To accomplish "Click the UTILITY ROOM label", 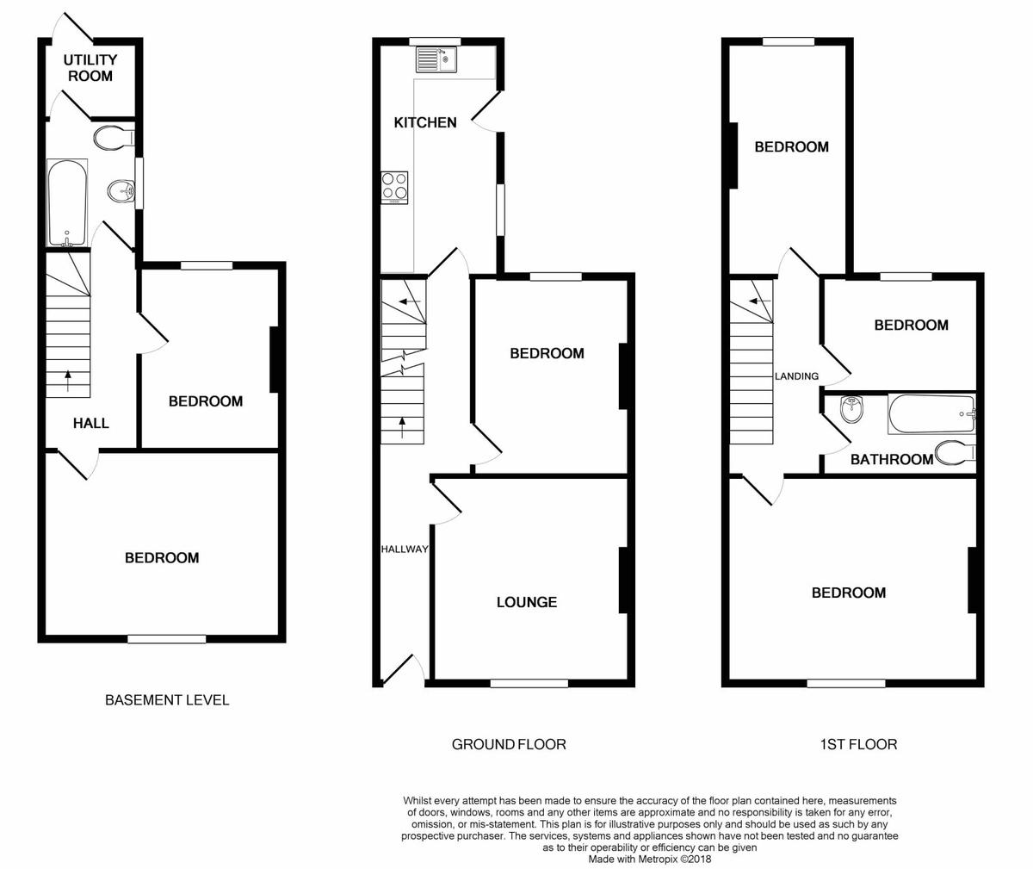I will [90, 68].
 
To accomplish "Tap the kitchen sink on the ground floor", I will [437, 59].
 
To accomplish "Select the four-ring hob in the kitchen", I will [395, 187].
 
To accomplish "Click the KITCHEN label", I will [424, 123].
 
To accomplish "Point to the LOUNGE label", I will [526, 602].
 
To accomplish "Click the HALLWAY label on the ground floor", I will [405, 549].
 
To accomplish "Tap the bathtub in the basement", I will [67, 202].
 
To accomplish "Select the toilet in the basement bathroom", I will [114, 137].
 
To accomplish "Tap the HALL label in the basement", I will [90, 423].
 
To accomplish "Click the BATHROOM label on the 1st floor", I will [891, 460].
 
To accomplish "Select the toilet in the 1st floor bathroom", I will [956, 451].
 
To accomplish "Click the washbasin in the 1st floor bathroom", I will [851, 409].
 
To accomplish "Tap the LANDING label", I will [796, 376].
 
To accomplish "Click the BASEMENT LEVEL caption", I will [167, 700].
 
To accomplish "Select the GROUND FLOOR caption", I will [509, 744].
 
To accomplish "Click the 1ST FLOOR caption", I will [857, 744].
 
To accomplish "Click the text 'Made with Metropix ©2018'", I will [650, 859].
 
